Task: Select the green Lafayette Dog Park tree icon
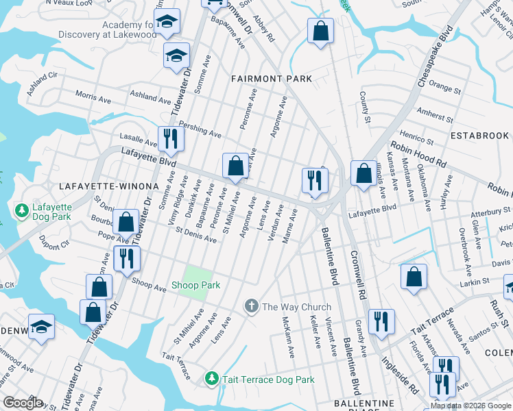pos(22,208)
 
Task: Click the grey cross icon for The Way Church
pos(252,306)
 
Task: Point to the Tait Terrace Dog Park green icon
pos(212,379)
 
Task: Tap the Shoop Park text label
pos(196,284)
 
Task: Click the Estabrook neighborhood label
pos(479,136)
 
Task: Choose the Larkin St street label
pos(474,280)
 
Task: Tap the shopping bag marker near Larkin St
pos(414,277)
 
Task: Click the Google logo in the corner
pos(23,403)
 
